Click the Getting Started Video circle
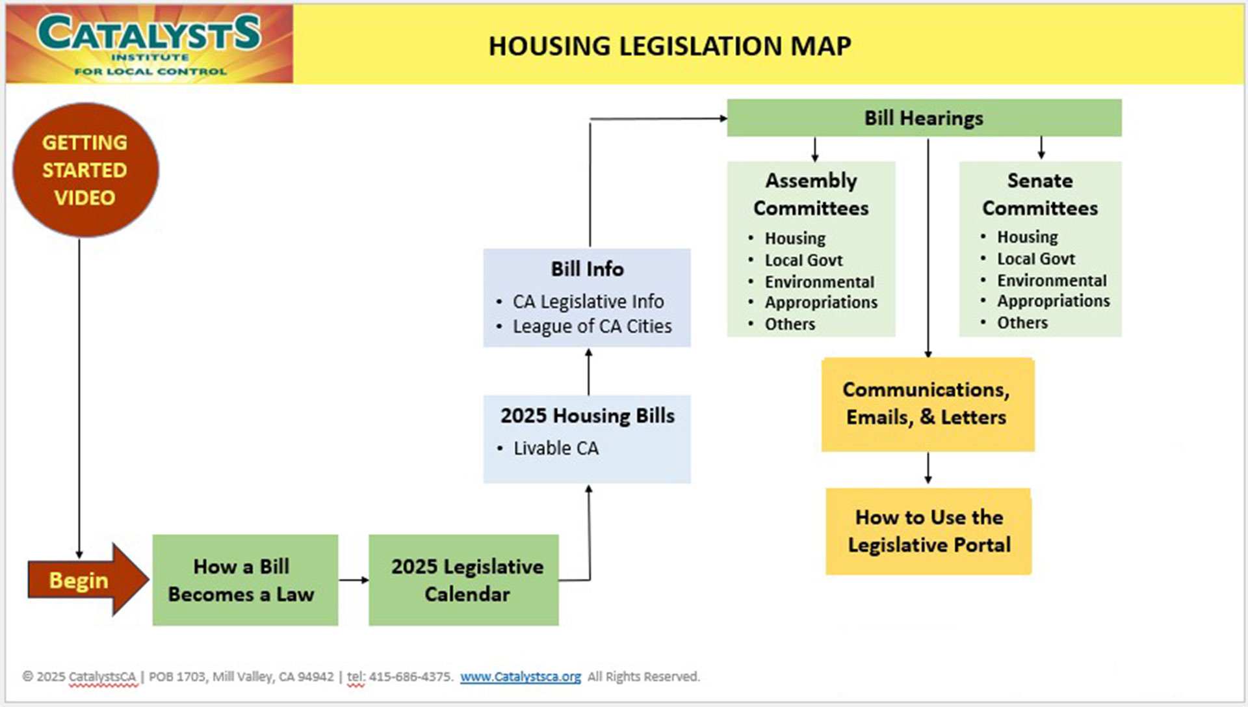click(x=85, y=170)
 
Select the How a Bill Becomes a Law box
click(x=244, y=580)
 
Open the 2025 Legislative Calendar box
click(x=463, y=580)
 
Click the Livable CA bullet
click(x=556, y=448)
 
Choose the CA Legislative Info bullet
click(x=588, y=302)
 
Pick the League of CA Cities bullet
click(x=591, y=327)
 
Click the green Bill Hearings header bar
click(x=923, y=118)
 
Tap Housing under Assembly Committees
click(x=794, y=239)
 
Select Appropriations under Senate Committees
click(x=1053, y=301)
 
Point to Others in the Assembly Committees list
click(x=789, y=324)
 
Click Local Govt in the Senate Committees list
click(x=1035, y=259)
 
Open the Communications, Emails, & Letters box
click(x=927, y=403)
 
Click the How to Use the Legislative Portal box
click(x=928, y=531)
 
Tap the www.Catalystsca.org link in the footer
click(x=520, y=676)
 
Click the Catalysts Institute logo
click(x=149, y=44)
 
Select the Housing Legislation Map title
click(x=669, y=46)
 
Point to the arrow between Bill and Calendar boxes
click(x=354, y=580)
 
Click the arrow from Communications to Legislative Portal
click(x=928, y=469)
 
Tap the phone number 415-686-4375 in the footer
click(x=409, y=676)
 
